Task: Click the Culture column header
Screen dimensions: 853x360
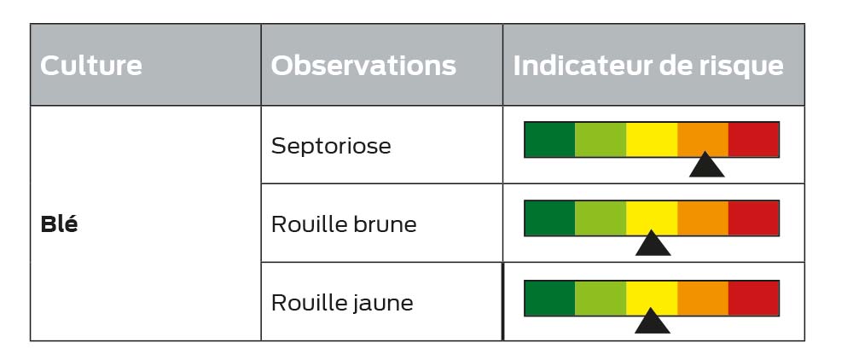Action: [91, 65]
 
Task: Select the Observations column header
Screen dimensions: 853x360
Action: [363, 65]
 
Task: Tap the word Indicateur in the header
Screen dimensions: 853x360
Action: [589, 65]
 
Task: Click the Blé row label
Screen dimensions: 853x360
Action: [59, 224]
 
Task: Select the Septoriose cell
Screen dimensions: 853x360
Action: [331, 146]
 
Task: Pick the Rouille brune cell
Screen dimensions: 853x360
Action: [344, 224]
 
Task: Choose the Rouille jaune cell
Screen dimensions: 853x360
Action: [342, 303]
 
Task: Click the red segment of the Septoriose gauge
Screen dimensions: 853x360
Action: [753, 140]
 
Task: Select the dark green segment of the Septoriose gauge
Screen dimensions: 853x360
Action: [549, 140]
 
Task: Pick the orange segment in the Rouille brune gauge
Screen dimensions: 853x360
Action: [703, 218]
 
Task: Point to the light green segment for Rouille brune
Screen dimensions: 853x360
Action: [601, 218]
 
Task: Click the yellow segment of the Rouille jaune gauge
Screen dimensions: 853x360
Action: [652, 298]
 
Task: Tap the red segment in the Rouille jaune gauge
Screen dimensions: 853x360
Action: [753, 298]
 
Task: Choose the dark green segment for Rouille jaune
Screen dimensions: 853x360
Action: [549, 298]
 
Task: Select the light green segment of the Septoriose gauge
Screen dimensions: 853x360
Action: [601, 140]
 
